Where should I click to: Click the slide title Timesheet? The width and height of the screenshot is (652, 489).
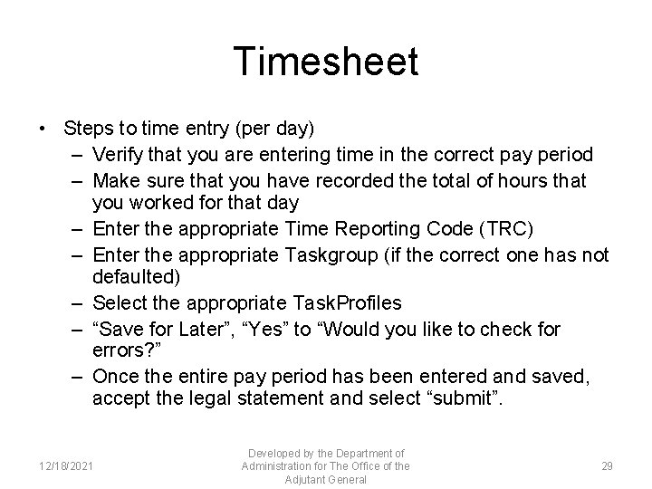click(x=326, y=62)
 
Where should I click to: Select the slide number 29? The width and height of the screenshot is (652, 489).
click(x=607, y=465)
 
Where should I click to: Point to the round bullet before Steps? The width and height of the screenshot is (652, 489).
click(x=43, y=130)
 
